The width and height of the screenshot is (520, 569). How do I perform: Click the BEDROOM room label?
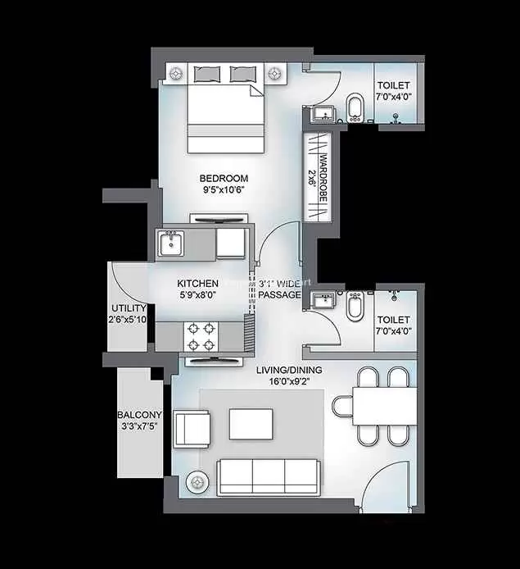click(x=224, y=178)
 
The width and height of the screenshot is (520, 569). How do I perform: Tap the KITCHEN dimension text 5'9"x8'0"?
click(x=198, y=295)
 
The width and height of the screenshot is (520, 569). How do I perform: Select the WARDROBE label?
click(x=323, y=179)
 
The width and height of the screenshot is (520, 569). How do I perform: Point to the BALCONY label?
click(x=139, y=415)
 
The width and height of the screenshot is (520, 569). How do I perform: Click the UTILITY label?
click(x=129, y=308)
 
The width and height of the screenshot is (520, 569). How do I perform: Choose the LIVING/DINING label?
click(x=289, y=370)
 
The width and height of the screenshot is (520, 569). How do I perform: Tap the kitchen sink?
click(x=171, y=244)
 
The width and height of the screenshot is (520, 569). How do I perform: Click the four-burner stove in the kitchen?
click(x=201, y=337)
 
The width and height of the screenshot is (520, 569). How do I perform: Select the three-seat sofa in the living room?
click(x=269, y=477)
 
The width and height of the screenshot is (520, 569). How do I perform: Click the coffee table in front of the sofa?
click(x=251, y=424)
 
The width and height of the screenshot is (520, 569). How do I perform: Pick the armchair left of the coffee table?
click(x=192, y=430)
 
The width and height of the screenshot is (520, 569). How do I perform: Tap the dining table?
click(x=385, y=406)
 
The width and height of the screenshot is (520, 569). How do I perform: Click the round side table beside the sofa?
click(x=197, y=482)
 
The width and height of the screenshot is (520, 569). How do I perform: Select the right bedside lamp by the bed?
click(x=275, y=74)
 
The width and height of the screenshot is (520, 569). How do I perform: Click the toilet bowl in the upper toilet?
click(x=355, y=107)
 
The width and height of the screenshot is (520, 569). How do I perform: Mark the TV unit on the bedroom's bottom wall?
click(x=219, y=219)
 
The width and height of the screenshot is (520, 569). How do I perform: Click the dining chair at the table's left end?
click(x=342, y=406)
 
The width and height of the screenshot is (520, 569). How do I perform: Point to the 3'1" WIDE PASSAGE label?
click(x=279, y=289)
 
